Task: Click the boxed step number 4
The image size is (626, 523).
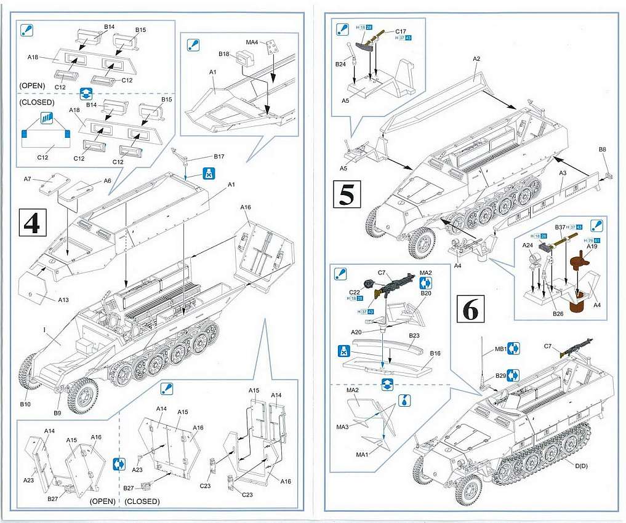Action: click(x=31, y=223)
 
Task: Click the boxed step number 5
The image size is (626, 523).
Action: click(x=347, y=194)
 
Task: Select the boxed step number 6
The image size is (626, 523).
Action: click(x=470, y=310)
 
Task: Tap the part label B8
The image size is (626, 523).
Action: click(x=602, y=150)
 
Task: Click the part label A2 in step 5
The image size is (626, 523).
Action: click(x=476, y=59)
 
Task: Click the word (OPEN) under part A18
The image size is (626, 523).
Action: click(x=33, y=84)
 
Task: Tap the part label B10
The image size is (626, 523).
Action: click(x=25, y=404)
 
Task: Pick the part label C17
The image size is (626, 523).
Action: click(x=401, y=31)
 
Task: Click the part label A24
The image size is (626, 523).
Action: click(x=528, y=246)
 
